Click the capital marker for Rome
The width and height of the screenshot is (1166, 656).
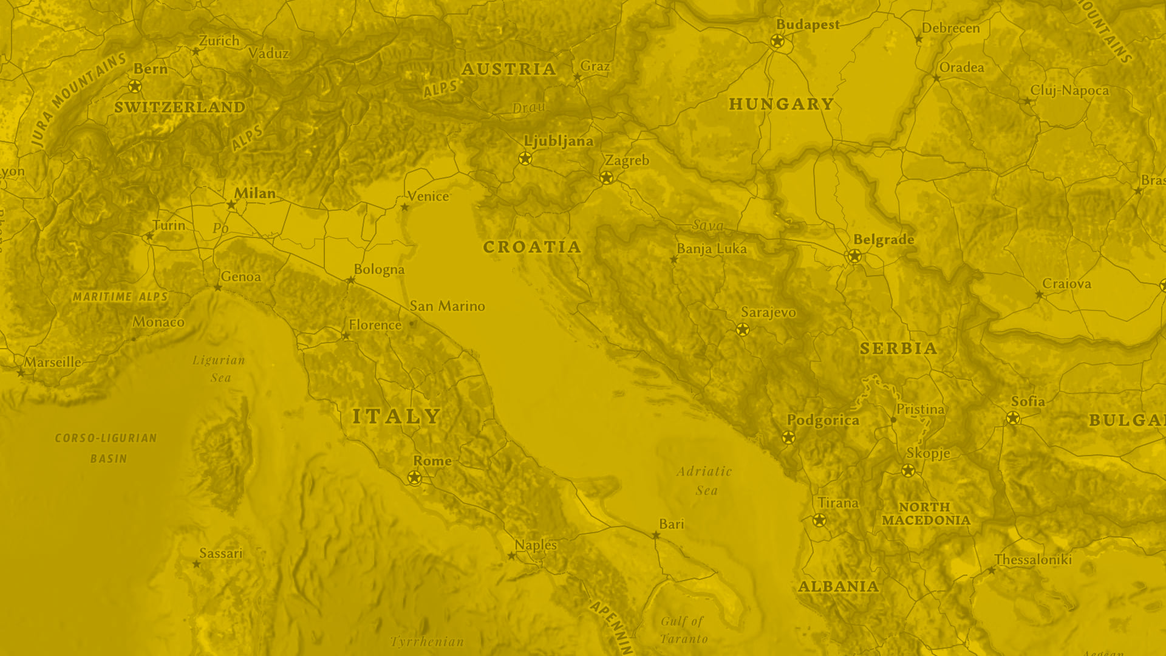pyautogui.click(x=414, y=478)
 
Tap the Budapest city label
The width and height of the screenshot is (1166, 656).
pyautogui.click(x=808, y=25)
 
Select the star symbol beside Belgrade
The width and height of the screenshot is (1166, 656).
pyautogui.click(x=854, y=256)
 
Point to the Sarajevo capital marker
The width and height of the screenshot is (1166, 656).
pyautogui.click(x=742, y=329)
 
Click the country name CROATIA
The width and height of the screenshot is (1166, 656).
pyautogui.click(x=532, y=247)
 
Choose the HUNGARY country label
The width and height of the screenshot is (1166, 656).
pyautogui.click(x=781, y=104)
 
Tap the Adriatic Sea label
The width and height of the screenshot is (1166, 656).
pyautogui.click(x=705, y=480)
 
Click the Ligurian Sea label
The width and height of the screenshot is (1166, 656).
pyautogui.click(x=219, y=369)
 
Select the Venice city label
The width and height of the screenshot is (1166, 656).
pyautogui.click(x=428, y=196)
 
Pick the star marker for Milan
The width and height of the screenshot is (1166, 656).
pyautogui.click(x=231, y=205)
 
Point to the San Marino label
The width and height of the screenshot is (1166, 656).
pyautogui.click(x=447, y=306)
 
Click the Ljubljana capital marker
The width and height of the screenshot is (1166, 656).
pyautogui.click(x=525, y=159)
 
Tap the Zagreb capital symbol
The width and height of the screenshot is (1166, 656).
pyautogui.click(x=606, y=177)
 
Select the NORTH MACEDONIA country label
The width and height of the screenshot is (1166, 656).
pyautogui.click(x=926, y=514)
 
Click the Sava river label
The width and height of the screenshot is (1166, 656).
pyautogui.click(x=708, y=225)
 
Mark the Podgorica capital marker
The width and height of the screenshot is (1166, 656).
pyautogui.click(x=788, y=437)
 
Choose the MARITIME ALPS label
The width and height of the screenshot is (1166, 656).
pyautogui.click(x=120, y=297)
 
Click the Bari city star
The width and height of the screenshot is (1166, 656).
pyautogui.click(x=656, y=535)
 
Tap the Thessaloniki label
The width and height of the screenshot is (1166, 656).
pyautogui.click(x=1033, y=559)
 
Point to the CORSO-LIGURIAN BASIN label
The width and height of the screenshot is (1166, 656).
pyautogui.click(x=106, y=448)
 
